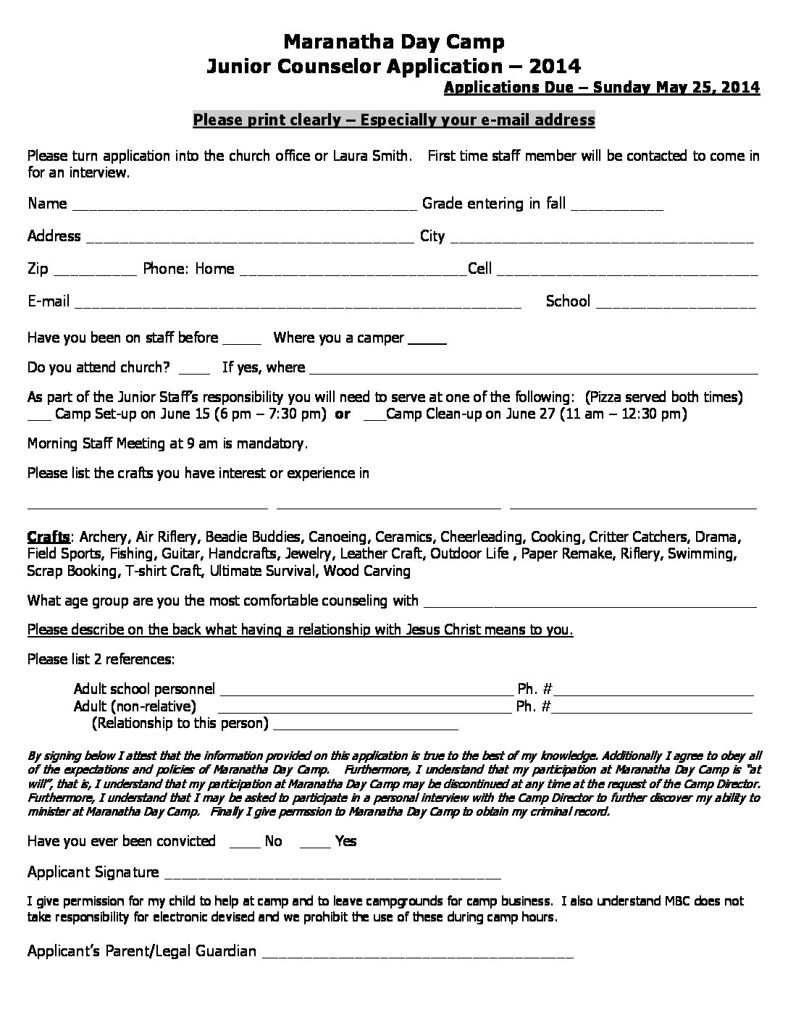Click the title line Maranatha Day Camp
pos(393,41)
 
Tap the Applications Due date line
pos(601,88)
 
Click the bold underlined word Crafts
pos(49,537)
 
